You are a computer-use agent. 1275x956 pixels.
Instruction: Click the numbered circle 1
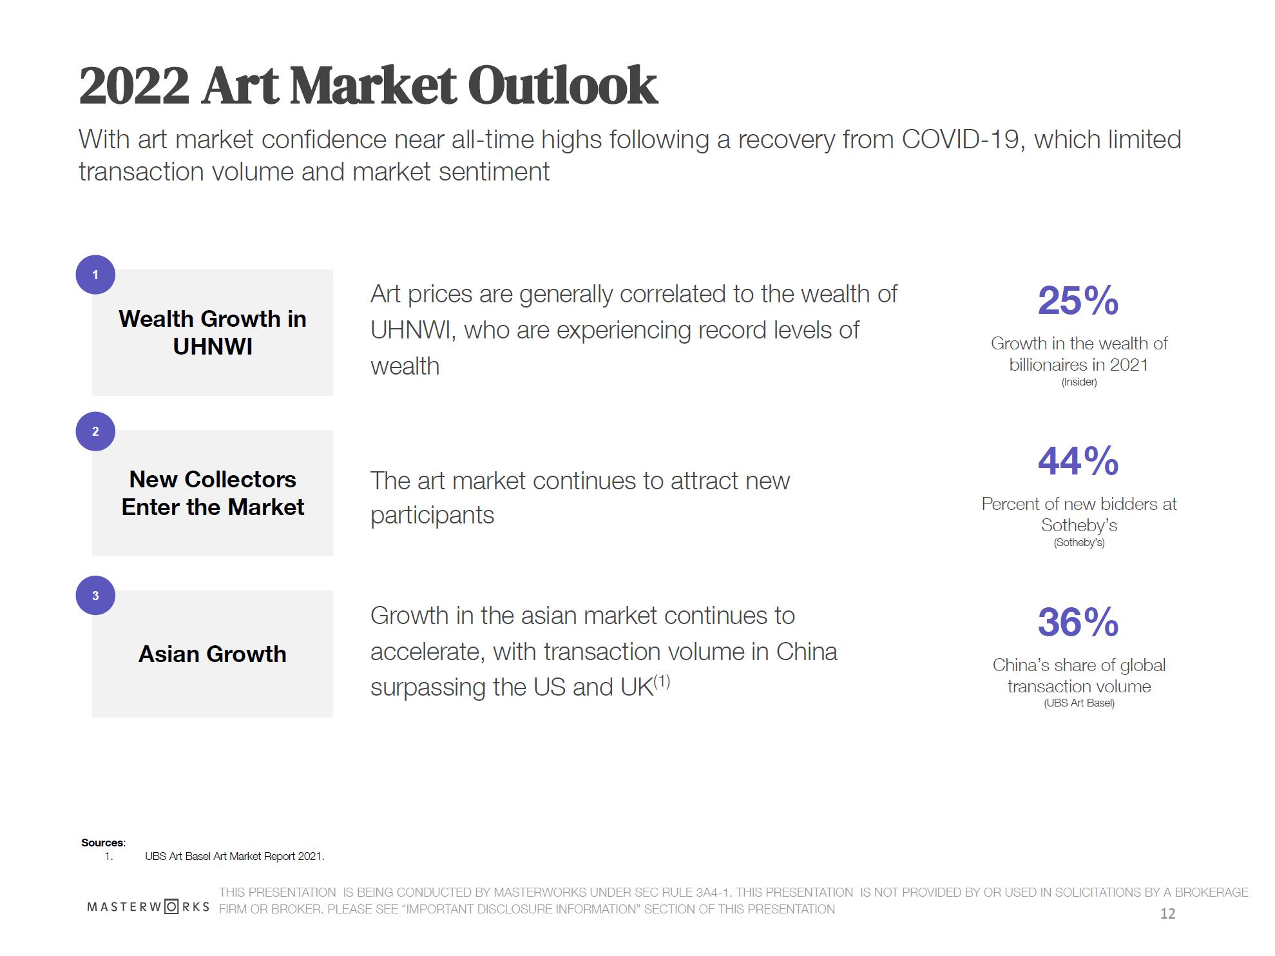95,275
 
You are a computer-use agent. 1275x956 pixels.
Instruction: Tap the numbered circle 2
95,431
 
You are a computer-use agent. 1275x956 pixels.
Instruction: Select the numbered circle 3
95,595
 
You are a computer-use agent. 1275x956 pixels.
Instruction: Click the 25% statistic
1078,300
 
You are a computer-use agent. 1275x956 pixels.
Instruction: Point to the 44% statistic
1078,461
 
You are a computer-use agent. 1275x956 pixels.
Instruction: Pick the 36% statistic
1078,622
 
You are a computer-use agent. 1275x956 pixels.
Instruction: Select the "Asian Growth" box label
212,654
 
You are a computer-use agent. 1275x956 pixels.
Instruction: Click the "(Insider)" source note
1078,382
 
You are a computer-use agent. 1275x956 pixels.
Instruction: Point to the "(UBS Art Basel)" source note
1078,703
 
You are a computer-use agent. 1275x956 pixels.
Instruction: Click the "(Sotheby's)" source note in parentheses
1078,542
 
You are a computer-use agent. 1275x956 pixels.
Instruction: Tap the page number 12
1167,913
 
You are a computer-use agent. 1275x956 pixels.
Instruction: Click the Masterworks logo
148,907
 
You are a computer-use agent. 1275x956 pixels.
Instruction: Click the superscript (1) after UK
662,681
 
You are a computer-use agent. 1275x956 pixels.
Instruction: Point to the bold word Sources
102,843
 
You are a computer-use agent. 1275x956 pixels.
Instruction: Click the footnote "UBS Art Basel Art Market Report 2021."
235,856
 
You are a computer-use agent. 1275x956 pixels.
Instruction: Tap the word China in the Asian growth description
806,652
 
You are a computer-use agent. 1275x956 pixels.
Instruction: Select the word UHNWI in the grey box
212,346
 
